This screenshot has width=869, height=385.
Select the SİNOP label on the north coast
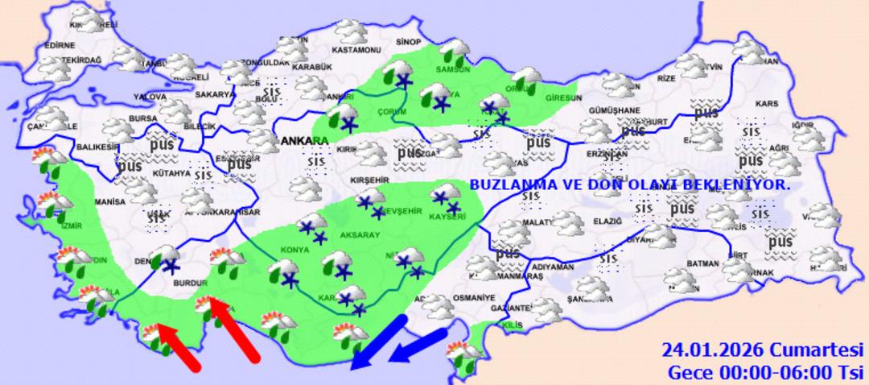pos(410,41)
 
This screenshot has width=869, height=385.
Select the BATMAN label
pos(704,264)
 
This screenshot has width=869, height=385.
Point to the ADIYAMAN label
pos(553,267)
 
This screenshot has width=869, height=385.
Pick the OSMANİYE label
pos(474,297)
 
